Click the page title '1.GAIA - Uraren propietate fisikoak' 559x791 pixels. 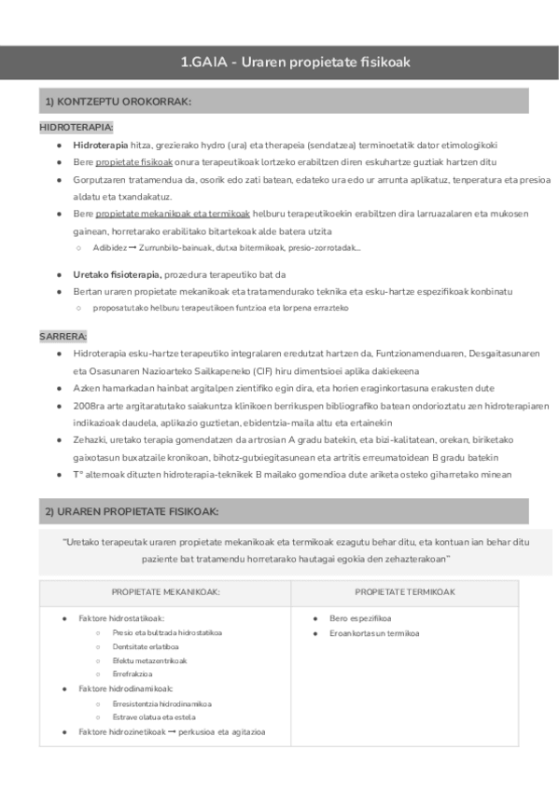pyautogui.click(x=296, y=62)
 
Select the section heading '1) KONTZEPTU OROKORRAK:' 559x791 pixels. pyautogui.click(x=118, y=102)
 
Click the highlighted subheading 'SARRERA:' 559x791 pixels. pyautogui.click(x=63, y=336)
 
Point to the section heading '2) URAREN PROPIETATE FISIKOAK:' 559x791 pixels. pyautogui.click(x=132, y=511)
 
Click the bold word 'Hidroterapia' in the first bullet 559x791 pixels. pyautogui.click(x=100, y=145)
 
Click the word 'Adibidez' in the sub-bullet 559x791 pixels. pyautogui.click(x=109, y=247)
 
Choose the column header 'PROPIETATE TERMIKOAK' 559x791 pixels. pyautogui.click(x=405, y=592)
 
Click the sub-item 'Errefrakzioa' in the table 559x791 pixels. pyautogui.click(x=133, y=673)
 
